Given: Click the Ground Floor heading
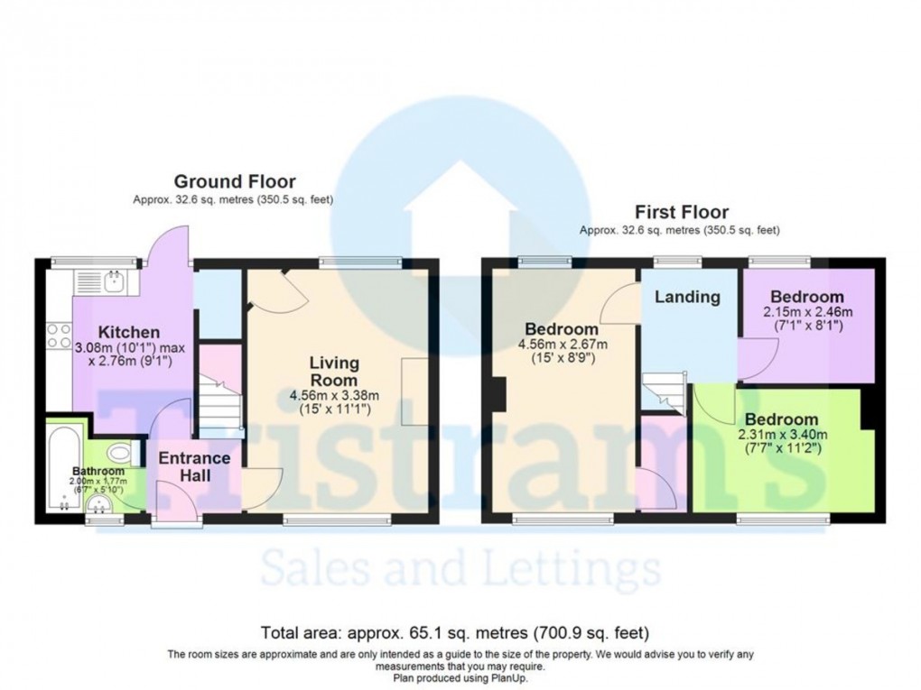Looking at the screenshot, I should [234, 182].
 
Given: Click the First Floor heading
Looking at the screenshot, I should [681, 213].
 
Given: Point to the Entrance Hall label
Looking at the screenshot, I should [194, 466].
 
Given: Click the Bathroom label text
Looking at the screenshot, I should [98, 471].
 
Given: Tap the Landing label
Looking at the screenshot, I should [687, 297].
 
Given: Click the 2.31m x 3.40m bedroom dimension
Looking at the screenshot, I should [783, 435].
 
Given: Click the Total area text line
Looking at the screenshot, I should [455, 632].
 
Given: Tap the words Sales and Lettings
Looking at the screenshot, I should [460, 570].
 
